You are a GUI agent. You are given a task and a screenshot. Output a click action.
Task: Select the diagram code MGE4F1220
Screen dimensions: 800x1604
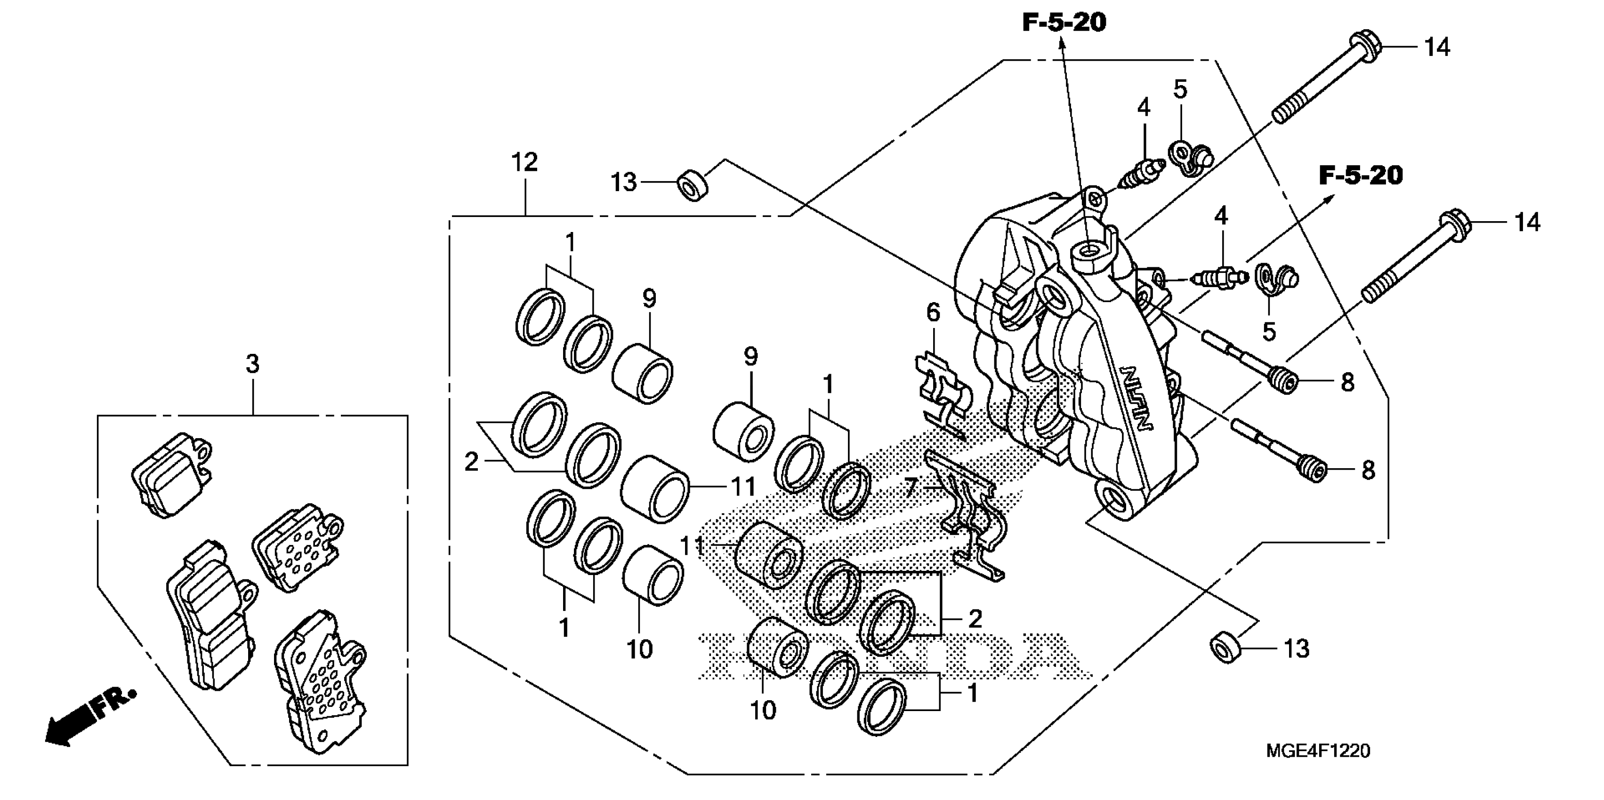point(1318,751)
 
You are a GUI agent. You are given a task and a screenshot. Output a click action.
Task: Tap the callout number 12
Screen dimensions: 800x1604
point(524,162)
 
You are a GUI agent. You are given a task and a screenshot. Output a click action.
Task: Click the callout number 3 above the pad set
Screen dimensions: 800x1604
point(252,364)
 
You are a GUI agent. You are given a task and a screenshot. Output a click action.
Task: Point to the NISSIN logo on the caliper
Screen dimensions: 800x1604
point(1137,397)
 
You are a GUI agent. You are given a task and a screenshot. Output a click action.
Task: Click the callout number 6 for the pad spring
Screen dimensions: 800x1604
point(933,312)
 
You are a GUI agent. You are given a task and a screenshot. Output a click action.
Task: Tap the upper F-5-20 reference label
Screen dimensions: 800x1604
point(1064,23)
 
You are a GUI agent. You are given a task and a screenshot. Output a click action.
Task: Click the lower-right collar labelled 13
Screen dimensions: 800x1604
point(1225,649)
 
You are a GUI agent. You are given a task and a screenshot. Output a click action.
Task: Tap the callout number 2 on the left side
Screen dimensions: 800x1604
point(471,462)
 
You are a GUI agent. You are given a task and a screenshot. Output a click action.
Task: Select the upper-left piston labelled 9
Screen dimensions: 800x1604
point(642,373)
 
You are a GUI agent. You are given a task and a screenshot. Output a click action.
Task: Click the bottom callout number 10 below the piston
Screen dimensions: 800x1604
point(763,710)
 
